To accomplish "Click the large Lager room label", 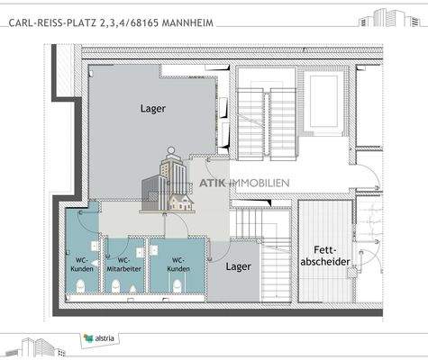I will coord(153,109).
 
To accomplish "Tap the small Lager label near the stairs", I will coord(238,266).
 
